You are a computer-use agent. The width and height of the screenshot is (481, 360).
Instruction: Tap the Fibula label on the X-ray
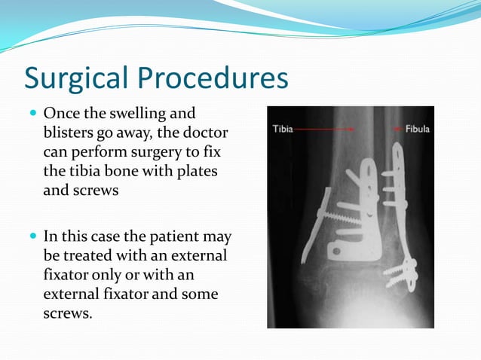point(417,129)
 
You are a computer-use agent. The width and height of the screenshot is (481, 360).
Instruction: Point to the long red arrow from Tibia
point(324,129)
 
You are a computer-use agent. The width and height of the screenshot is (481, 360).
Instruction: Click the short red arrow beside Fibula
point(398,129)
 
